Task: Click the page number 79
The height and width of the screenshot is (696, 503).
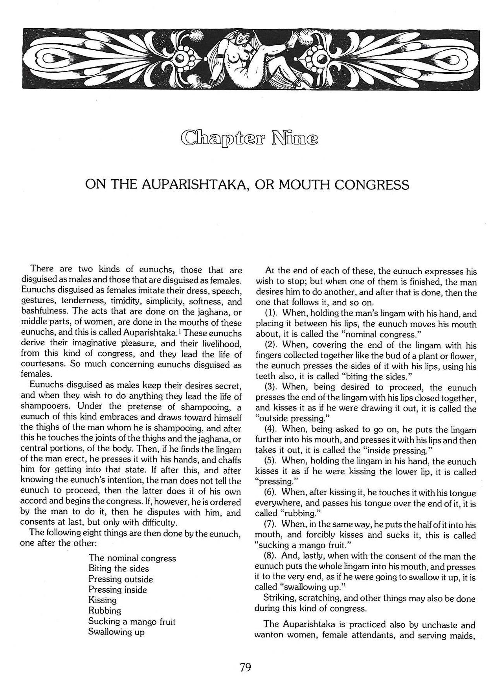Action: coord(245,668)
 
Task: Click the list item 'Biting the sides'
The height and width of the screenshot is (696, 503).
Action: coord(119,568)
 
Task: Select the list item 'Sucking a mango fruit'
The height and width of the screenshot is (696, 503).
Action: coord(132,621)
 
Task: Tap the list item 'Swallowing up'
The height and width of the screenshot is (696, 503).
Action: coord(116,632)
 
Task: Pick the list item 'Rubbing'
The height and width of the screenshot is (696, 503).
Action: coord(105,611)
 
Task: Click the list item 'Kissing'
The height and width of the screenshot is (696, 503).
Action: coord(103,600)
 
